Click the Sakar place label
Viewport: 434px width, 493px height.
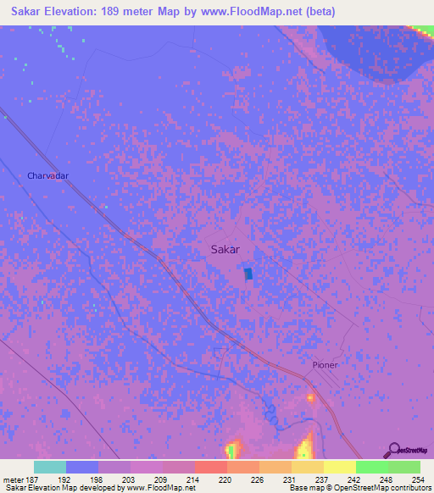tap(225, 250)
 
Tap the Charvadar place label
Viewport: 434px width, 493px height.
tap(47, 175)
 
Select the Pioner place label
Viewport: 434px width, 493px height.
tap(324, 365)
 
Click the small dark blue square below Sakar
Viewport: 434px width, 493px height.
tap(248, 274)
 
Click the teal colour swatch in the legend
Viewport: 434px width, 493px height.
tap(50, 467)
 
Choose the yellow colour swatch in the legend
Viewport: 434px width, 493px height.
tap(339, 467)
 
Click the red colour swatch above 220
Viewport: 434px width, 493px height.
tap(210, 467)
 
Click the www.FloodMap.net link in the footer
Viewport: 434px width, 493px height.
tap(159, 488)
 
